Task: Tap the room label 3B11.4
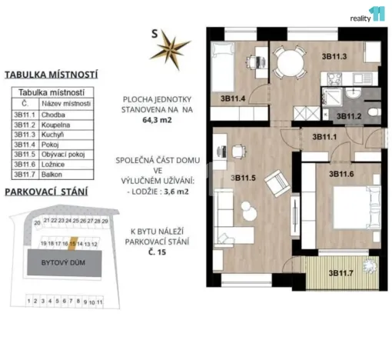click(233, 98)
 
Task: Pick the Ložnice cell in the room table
click(66, 165)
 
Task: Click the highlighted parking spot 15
click(72, 242)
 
